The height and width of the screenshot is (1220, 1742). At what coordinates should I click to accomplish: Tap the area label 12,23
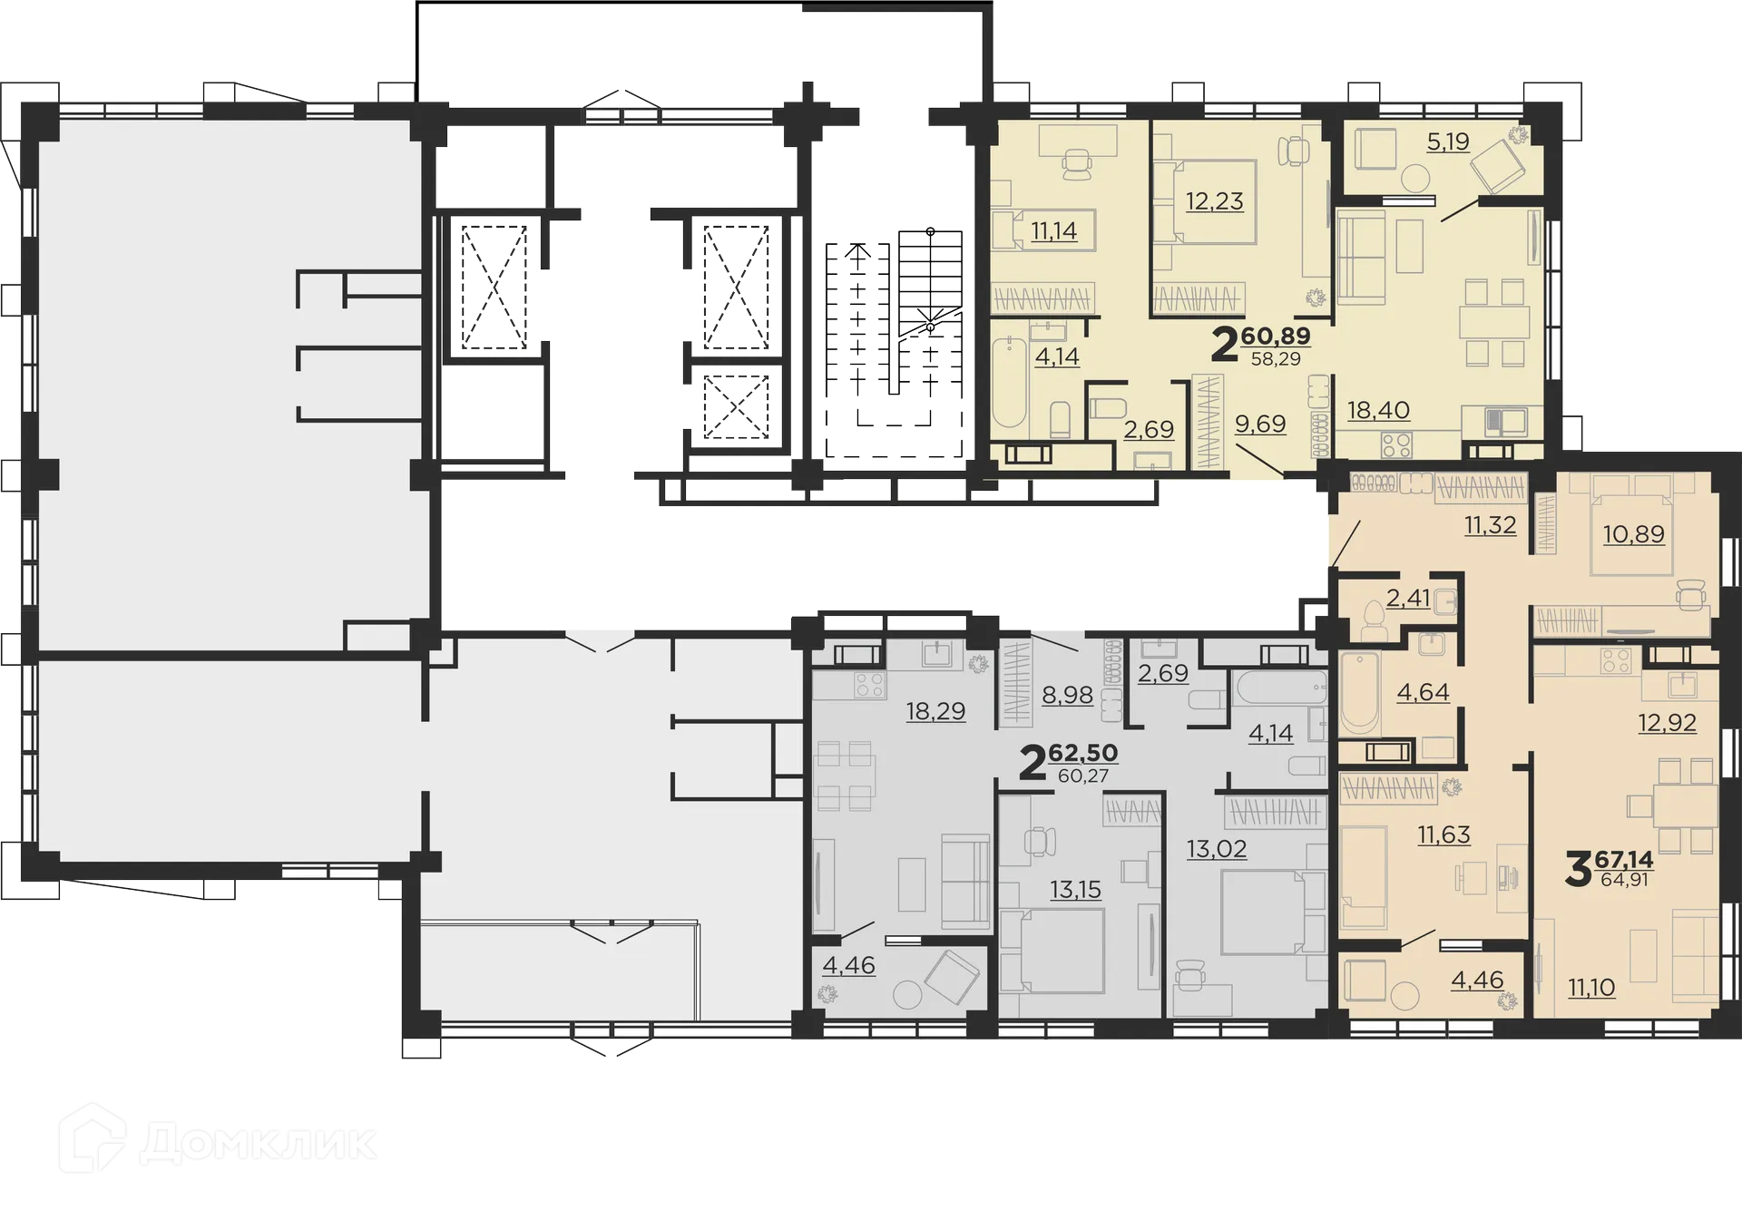(x=1214, y=200)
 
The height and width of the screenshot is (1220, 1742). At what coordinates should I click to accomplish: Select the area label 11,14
(x=1053, y=230)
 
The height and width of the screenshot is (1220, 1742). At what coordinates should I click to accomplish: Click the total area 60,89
(x=1276, y=336)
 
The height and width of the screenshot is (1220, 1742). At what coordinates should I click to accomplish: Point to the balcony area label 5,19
(x=1447, y=142)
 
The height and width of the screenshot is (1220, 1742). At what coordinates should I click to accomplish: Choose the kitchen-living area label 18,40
(x=1378, y=410)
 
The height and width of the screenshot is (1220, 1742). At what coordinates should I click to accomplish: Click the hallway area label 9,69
(x=1260, y=424)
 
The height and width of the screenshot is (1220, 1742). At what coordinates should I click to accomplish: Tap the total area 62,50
(x=1082, y=753)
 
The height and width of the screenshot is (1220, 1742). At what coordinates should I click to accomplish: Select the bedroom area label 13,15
(x=1075, y=890)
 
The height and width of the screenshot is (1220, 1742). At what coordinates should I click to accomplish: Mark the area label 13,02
(x=1217, y=849)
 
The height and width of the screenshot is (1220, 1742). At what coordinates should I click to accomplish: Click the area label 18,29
(x=935, y=711)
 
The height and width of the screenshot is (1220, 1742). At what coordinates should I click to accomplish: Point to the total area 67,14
(x=1624, y=859)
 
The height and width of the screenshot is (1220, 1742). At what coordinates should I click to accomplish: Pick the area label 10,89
(x=1633, y=534)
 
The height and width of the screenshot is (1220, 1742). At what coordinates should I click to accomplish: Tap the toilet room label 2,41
(x=1408, y=598)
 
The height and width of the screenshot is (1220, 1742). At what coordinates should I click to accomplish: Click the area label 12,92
(x=1667, y=723)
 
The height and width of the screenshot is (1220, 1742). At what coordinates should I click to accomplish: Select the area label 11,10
(x=1591, y=987)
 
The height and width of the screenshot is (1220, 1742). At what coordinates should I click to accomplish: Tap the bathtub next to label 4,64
(x=1359, y=691)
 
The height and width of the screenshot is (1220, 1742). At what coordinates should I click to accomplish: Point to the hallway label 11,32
(x=1490, y=524)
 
